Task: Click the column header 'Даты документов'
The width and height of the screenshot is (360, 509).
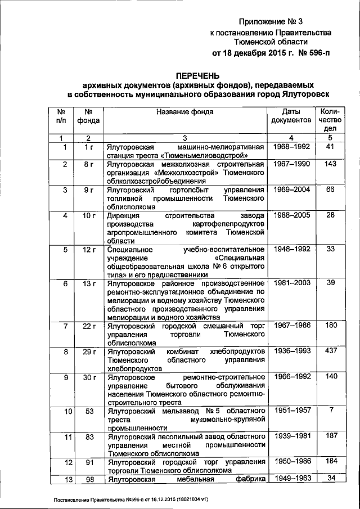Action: pos(291,116)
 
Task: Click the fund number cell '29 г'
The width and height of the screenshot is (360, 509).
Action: pos(88,351)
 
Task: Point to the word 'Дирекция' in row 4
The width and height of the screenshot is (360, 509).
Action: pos(125,215)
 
